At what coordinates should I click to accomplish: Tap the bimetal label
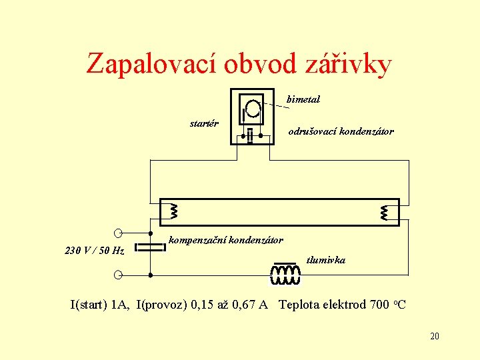[303, 99]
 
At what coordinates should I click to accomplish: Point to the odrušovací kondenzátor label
[341, 132]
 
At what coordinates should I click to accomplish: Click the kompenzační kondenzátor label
[226, 240]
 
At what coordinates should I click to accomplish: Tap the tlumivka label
[325, 260]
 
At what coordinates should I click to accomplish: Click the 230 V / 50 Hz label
[94, 251]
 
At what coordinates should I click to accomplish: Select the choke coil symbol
[285, 273]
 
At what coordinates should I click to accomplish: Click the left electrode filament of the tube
[174, 211]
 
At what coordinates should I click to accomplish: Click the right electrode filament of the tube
[385, 212]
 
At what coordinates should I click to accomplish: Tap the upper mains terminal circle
[118, 232]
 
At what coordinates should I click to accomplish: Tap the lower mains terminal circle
[118, 275]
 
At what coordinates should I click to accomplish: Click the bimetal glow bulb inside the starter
[252, 107]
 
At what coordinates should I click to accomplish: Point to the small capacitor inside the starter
[251, 135]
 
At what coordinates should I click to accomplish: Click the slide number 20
[434, 337]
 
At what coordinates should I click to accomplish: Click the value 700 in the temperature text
[379, 305]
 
